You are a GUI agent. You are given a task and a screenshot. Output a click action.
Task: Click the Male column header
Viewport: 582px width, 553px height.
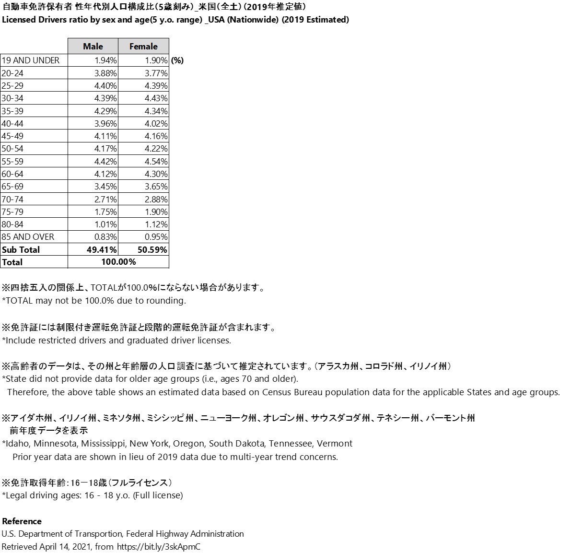tap(93, 46)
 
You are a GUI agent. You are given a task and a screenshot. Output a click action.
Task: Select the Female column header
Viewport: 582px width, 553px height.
tap(143, 46)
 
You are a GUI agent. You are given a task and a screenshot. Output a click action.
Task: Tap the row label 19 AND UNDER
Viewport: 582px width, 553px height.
tap(31, 60)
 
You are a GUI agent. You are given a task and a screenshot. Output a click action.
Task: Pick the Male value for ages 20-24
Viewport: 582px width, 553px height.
tap(105, 73)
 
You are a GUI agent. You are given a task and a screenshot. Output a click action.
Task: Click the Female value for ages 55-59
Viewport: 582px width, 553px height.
tap(156, 161)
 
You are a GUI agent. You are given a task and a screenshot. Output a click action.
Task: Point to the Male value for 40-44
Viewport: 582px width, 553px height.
tap(105, 123)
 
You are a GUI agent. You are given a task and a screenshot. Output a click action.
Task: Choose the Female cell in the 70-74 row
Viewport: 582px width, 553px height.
tap(156, 199)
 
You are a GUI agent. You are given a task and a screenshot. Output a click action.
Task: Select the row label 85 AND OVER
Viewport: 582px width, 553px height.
tap(28, 236)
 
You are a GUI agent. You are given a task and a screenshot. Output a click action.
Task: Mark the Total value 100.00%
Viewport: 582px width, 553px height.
tap(118, 262)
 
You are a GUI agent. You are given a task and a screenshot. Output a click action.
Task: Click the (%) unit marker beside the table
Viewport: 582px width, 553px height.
tap(177, 60)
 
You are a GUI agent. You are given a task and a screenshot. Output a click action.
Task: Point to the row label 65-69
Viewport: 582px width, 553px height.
tap(12, 186)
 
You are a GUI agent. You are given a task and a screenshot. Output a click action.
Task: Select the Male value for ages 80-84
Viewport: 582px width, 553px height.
tap(105, 224)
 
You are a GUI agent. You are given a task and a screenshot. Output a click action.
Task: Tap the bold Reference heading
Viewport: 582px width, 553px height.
tap(22, 521)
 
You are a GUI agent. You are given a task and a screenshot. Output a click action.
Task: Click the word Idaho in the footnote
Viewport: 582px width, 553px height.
tap(17, 444)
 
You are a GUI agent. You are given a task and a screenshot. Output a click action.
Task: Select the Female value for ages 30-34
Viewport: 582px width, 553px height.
tap(156, 98)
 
